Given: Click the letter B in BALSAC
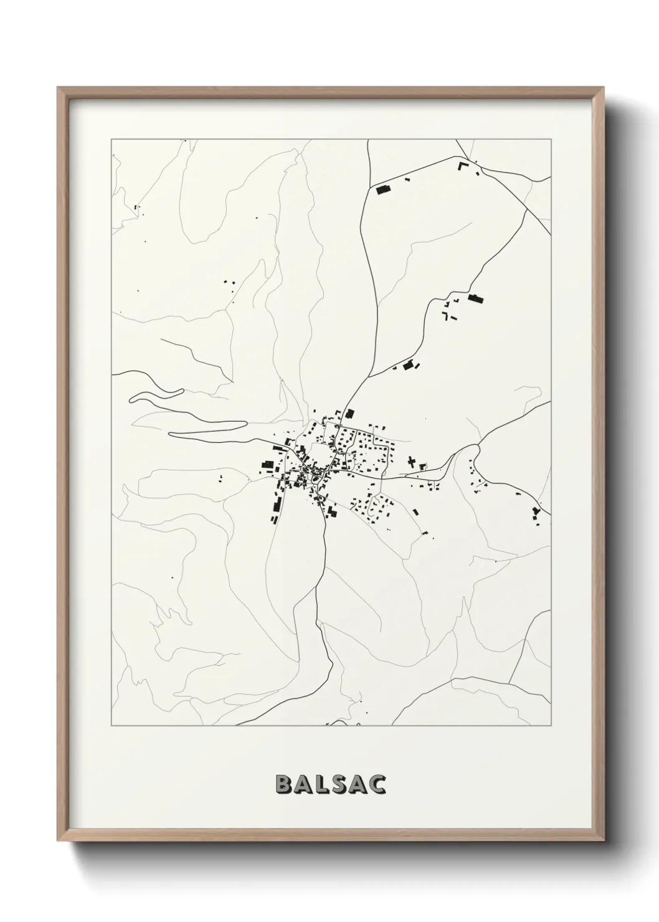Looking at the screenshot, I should click(283, 785).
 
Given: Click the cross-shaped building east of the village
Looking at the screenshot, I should click(411, 462).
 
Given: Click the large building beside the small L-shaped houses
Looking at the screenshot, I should click(476, 298).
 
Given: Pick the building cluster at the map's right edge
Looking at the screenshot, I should click(536, 513).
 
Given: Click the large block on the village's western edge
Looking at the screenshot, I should click(268, 465).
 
